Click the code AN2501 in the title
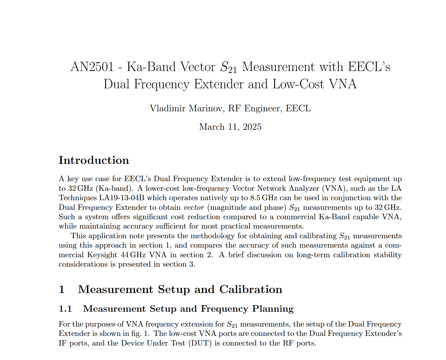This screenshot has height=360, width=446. pos(92,67)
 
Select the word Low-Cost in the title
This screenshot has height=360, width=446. pos(298,84)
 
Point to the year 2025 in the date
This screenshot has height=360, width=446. pos(252,127)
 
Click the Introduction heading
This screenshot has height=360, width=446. pos(94,160)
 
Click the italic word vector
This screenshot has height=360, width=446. pos(194,208)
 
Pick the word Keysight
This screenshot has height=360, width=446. pos(102,255)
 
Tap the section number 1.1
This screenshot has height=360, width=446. pos(65,309)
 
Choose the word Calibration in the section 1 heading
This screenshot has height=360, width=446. pos(251,289)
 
